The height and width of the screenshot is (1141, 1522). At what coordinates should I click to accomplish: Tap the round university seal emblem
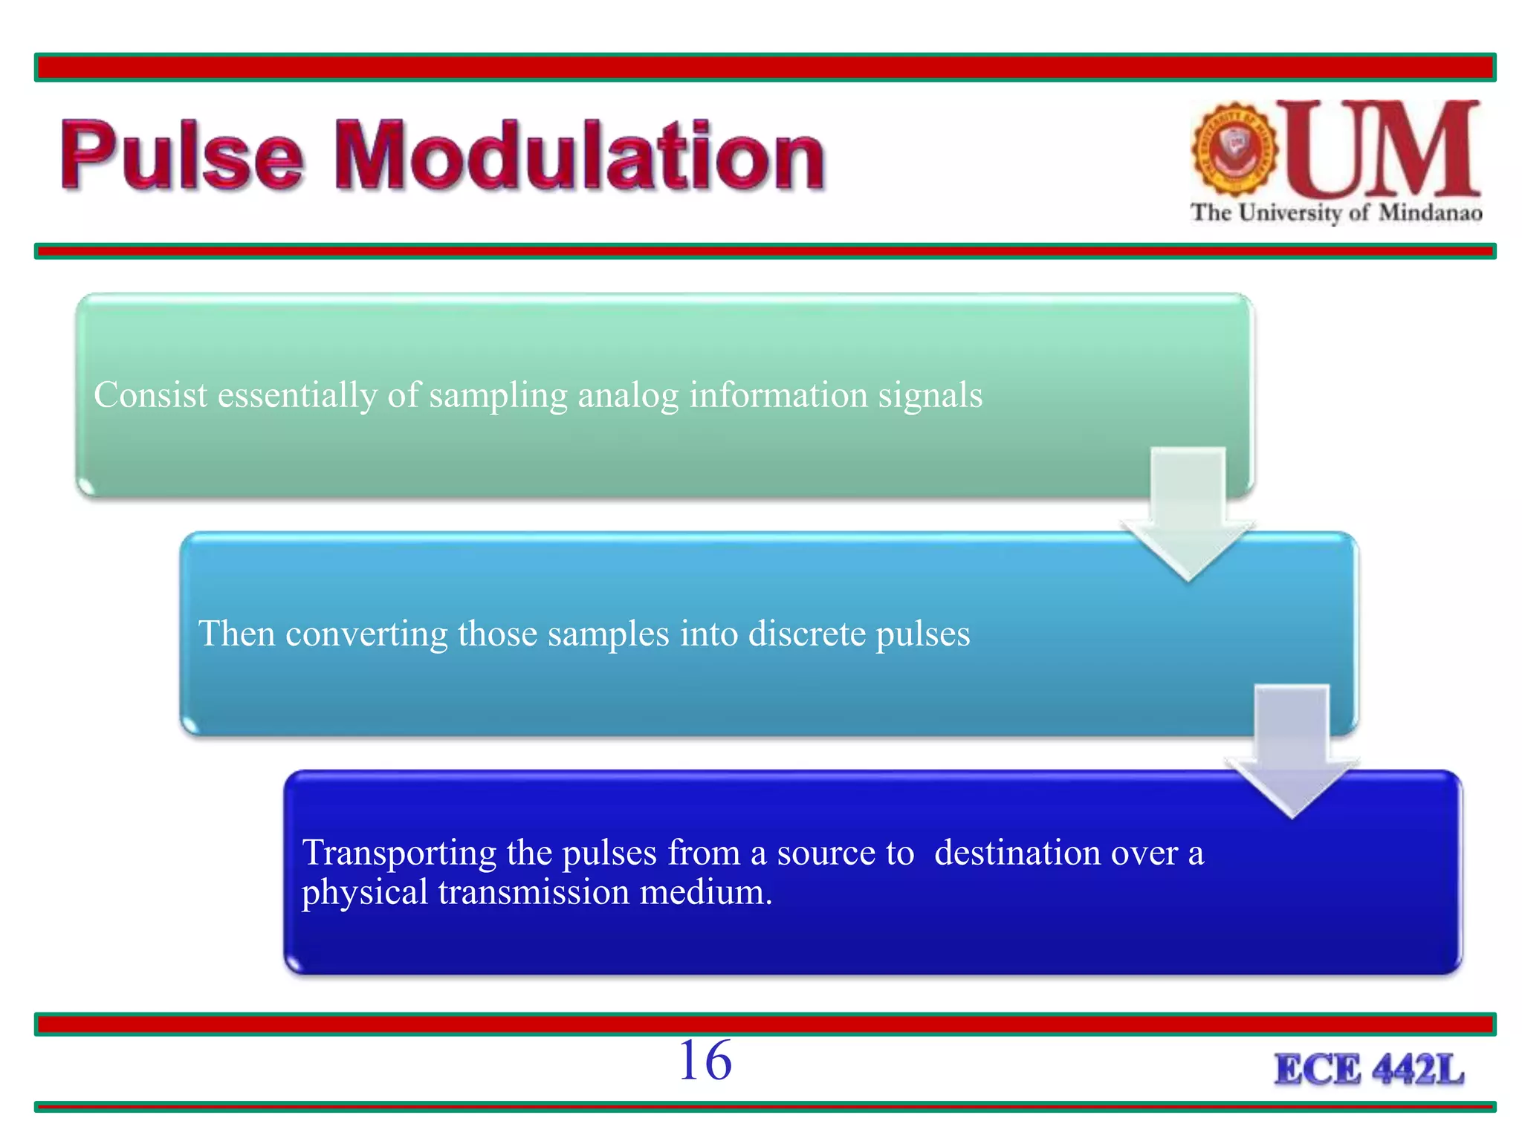coord(1234,149)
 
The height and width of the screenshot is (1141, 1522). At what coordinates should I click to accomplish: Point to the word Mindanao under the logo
coord(1430,213)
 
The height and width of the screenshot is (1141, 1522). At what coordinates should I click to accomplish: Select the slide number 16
coord(705,1061)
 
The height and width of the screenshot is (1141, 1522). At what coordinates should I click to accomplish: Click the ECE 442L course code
coord(1369,1070)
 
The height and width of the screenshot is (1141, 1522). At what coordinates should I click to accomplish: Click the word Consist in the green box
coord(150,394)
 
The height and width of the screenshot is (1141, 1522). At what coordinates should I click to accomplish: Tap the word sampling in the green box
coord(498,394)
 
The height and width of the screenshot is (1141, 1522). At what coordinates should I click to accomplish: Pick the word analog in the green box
coord(628,394)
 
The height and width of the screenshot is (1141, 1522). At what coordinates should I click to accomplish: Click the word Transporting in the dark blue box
coord(399,853)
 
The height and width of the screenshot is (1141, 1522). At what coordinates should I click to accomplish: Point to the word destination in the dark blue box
coord(1017,852)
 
